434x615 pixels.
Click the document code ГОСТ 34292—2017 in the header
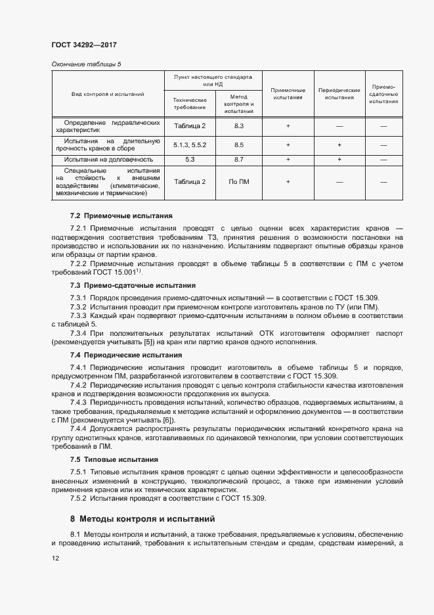[x=84, y=45]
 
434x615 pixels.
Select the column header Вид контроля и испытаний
[x=108, y=94]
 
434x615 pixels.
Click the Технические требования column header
[x=190, y=103]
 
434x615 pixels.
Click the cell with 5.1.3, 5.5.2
[x=190, y=144]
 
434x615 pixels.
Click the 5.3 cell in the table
[x=190, y=159]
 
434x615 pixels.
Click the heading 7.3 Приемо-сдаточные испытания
[x=133, y=286]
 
